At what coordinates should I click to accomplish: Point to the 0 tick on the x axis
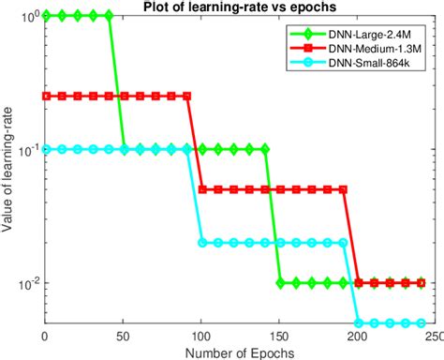coord(45,336)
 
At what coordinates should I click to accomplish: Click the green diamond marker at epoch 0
coord(45,16)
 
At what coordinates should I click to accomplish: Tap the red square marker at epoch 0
coord(45,96)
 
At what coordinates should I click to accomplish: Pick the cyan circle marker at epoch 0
coord(45,149)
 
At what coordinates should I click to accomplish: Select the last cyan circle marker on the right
coord(422,323)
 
